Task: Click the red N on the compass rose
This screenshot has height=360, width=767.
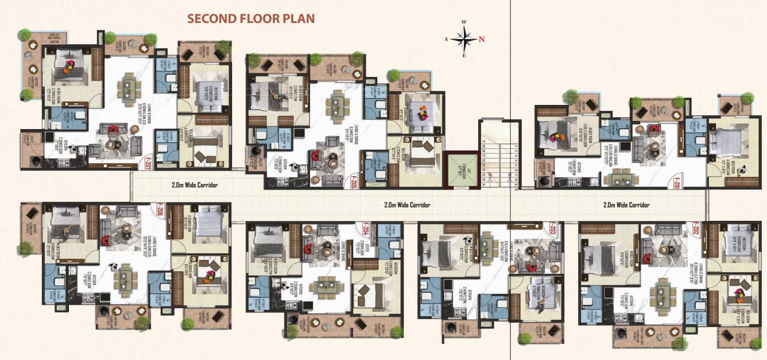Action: [482, 40]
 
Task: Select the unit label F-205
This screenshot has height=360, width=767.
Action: [354, 182]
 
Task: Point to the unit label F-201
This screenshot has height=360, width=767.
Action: [677, 183]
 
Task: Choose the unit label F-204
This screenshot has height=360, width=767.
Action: [365, 229]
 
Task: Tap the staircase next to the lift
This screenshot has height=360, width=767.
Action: [499, 155]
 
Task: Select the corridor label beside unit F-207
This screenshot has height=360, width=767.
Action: [195, 185]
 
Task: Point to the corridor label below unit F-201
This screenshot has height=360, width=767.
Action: [626, 205]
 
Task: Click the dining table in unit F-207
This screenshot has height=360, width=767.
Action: [127, 86]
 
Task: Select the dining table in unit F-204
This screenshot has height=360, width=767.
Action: [327, 285]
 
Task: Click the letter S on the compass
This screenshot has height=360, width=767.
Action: [446, 40]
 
